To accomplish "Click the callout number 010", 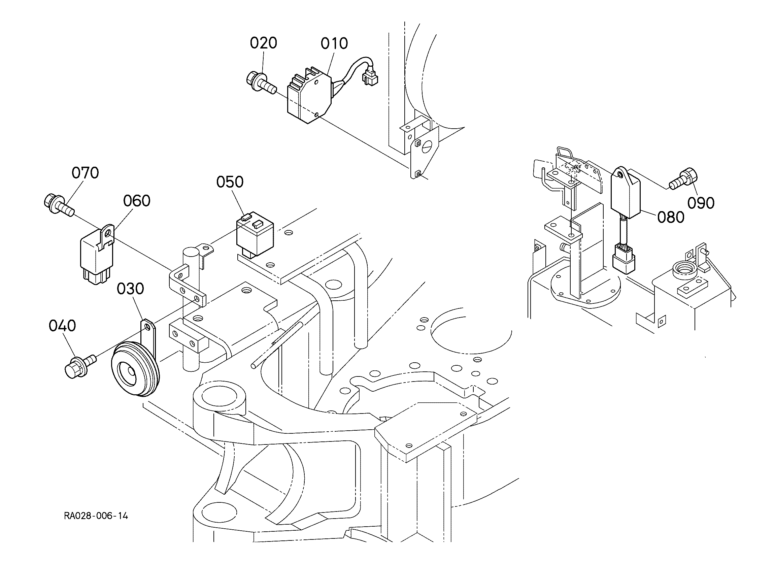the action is [x=334, y=44].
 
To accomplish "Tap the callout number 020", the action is [x=263, y=43].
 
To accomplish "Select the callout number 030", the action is [x=130, y=289].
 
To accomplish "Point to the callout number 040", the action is [x=62, y=326].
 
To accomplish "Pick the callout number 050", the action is [x=230, y=182].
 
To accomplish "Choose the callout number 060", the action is [x=136, y=201].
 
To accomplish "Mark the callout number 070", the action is [x=85, y=173].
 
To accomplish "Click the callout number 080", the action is [x=671, y=217].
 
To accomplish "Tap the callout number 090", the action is [x=701, y=203].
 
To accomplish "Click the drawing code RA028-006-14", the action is [x=96, y=516].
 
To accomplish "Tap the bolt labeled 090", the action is [x=683, y=178].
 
